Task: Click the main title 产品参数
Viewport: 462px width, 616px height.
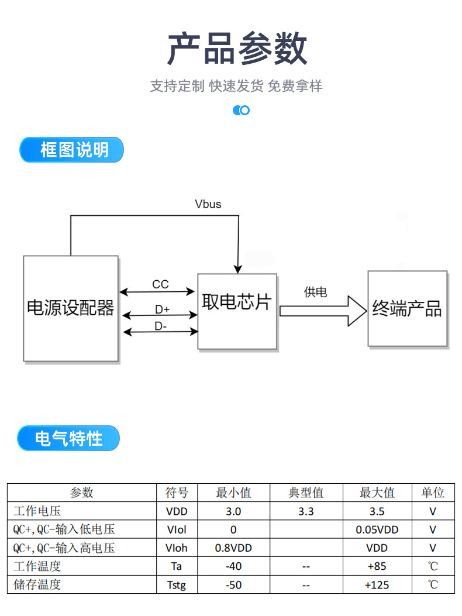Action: (237, 49)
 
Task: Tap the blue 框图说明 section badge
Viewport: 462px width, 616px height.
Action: (72, 150)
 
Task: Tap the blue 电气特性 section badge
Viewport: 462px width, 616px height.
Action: (68, 438)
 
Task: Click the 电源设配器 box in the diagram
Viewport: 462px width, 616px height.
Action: (71, 308)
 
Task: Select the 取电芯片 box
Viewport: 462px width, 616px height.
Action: (237, 311)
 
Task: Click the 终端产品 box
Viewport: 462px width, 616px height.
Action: (407, 308)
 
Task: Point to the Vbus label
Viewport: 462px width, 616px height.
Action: (208, 204)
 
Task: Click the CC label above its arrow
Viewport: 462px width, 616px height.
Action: (160, 284)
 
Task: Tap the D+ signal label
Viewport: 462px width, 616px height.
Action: (162, 309)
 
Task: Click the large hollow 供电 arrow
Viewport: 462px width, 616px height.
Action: (323, 311)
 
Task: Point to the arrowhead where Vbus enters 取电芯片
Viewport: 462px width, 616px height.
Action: (237, 269)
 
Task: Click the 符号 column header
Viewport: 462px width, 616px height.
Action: (177, 493)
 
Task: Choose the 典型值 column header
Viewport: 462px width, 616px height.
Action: (306, 493)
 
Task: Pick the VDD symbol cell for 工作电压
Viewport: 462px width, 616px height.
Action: (177, 511)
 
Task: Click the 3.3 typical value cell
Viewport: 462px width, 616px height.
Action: (306, 511)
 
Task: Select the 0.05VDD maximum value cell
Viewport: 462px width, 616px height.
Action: (377, 529)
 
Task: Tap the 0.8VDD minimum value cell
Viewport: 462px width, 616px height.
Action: (233, 548)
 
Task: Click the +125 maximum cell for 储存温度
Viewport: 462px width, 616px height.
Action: (377, 585)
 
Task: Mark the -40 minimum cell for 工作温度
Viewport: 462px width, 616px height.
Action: (233, 566)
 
